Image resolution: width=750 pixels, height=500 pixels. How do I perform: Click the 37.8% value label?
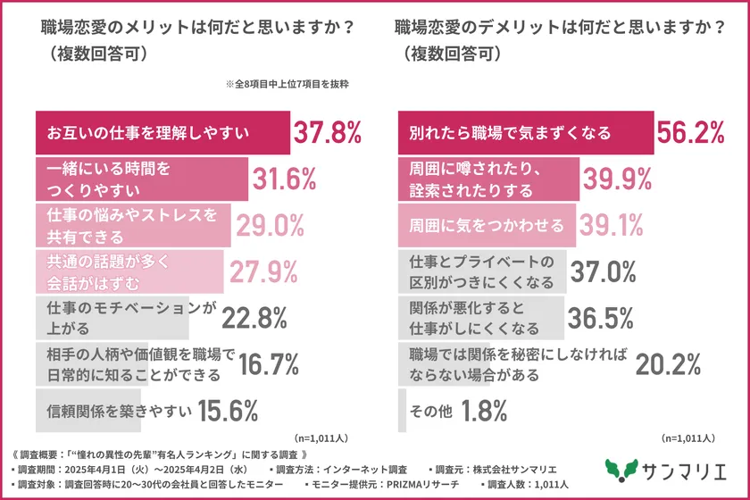pyautogui.click(x=328, y=133)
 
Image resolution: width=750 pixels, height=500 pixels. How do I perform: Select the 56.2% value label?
pyautogui.click(x=689, y=133)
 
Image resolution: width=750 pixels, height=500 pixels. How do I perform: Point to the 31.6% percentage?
pyautogui.click(x=284, y=179)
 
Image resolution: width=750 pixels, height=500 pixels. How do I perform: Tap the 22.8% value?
pyautogui.click(x=228, y=318)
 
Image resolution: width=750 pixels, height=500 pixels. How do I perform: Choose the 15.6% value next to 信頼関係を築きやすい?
pyautogui.click(x=228, y=411)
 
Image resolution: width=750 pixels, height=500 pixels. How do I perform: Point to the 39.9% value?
pyautogui.click(x=617, y=179)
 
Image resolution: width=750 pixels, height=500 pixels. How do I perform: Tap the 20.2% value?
pyautogui.click(x=666, y=364)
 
